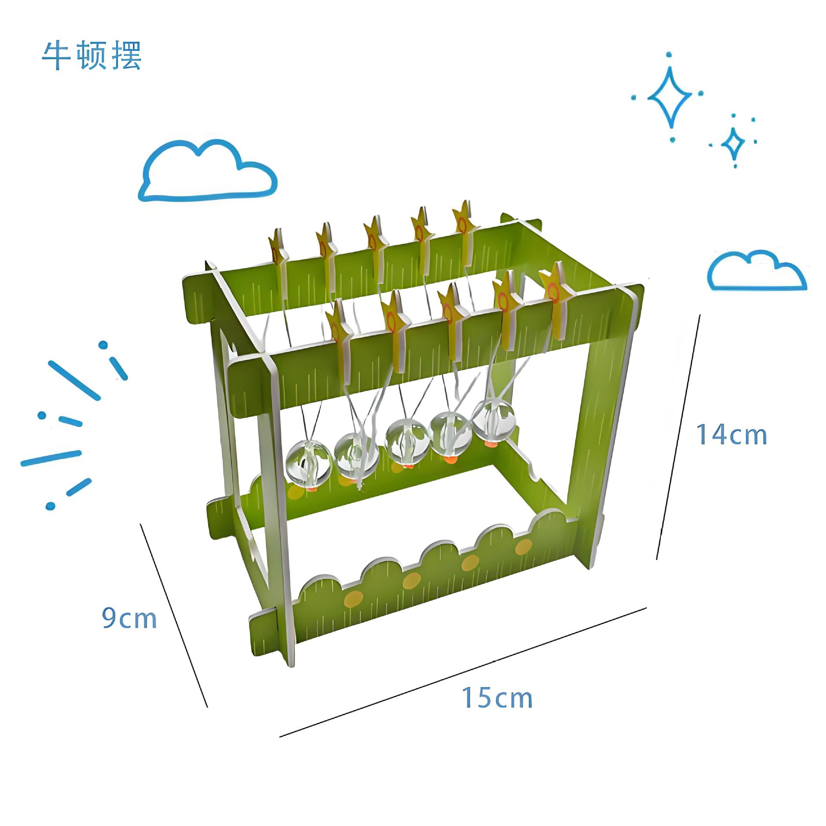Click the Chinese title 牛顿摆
coord(92,56)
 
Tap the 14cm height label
coord(732,435)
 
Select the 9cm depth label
coord(129,619)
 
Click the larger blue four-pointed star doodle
coord(670,97)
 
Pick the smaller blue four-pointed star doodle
coord(734,142)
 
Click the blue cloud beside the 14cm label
coord(757,271)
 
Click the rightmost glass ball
coord(493,416)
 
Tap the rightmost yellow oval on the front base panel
coord(523,547)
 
